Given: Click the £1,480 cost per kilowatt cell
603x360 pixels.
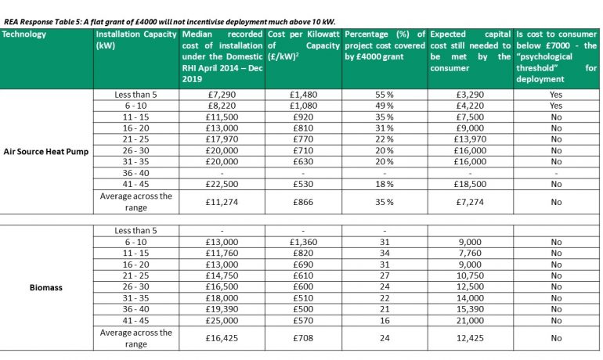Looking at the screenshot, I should (x=301, y=94).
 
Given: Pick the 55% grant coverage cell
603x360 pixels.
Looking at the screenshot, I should (x=384, y=94).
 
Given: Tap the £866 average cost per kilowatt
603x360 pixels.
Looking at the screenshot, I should (x=301, y=201).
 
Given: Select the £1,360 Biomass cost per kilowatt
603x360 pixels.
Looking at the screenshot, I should (x=301, y=243).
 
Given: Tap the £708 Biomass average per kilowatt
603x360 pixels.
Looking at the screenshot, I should (x=301, y=338).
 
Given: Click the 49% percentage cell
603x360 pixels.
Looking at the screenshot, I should (x=384, y=105).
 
